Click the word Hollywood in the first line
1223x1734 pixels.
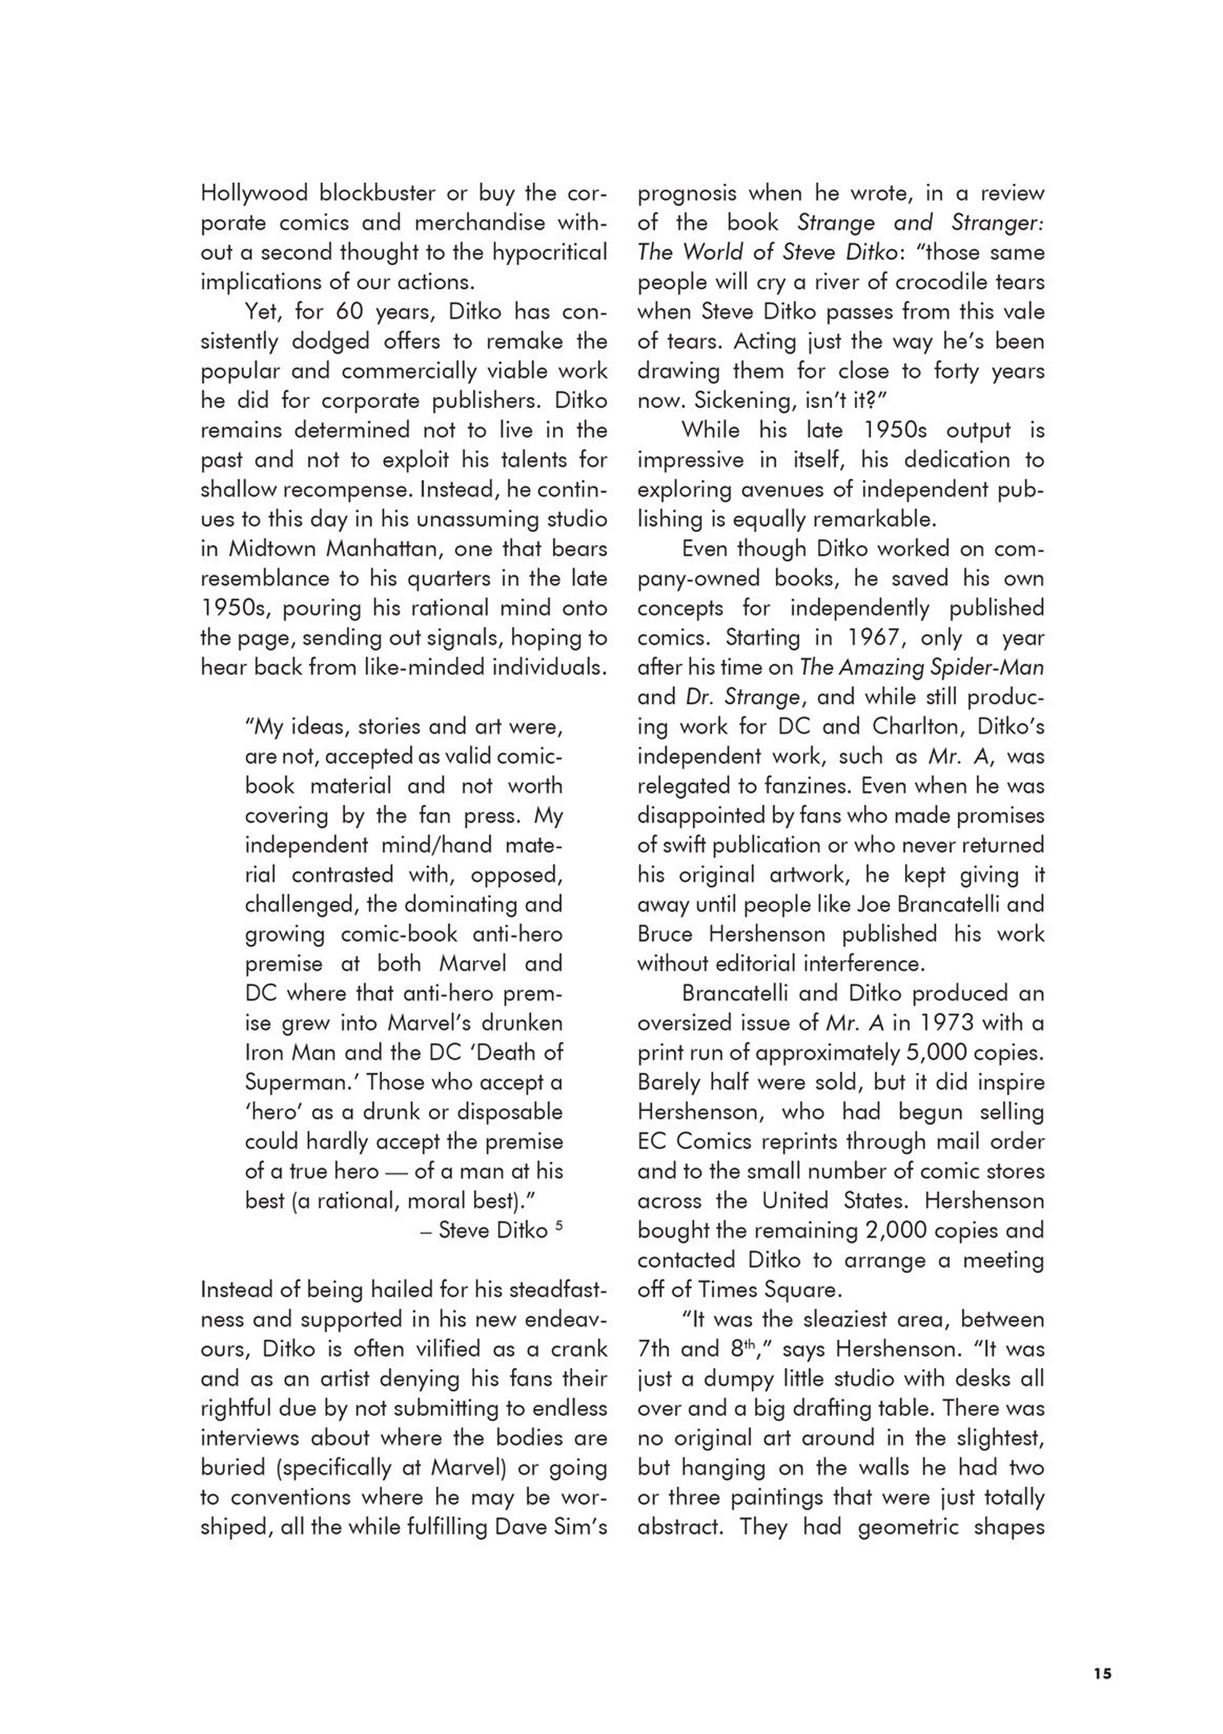[254, 194]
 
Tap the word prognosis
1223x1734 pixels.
[687, 194]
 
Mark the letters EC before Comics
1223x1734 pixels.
[652, 1142]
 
